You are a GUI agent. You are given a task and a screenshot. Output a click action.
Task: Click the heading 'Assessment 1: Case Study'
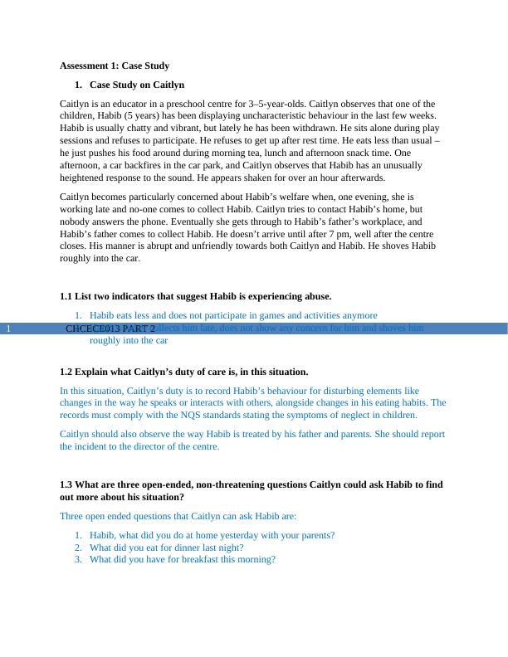pos(115,66)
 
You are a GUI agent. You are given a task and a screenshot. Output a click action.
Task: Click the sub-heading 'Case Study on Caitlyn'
pos(137,85)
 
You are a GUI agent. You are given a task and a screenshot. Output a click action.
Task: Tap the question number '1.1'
pos(66,296)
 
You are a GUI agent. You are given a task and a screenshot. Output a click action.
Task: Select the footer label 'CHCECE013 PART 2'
pos(110,328)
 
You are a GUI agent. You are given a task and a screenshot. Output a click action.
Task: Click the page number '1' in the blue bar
pos(7,328)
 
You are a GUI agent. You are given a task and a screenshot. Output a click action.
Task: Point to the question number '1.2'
pos(66,372)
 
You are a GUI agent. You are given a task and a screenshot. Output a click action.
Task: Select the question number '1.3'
pos(66,484)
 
